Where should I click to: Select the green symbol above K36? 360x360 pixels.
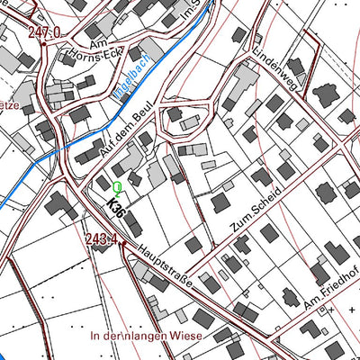click(117, 188)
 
